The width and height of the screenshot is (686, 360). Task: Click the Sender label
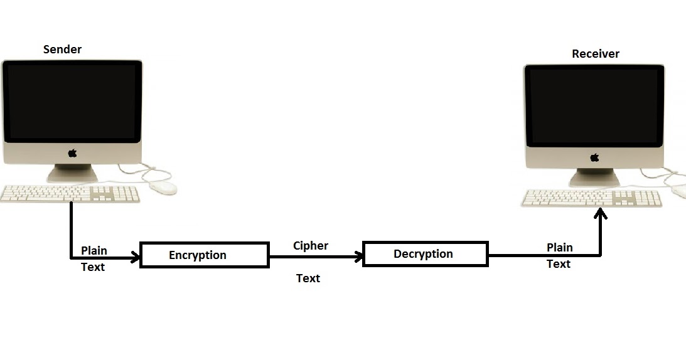point(62,49)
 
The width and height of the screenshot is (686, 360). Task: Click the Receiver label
point(595,54)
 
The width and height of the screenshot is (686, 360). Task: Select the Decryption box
point(425,254)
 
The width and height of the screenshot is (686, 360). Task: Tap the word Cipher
point(311,245)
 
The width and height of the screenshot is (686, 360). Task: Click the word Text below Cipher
point(308,278)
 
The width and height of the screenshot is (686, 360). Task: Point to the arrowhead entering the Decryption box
point(359,256)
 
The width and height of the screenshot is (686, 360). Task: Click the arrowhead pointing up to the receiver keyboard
point(601,215)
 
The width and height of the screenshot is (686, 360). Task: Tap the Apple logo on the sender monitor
point(72,152)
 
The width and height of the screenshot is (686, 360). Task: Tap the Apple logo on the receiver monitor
point(594,157)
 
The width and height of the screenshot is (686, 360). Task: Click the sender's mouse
point(161,187)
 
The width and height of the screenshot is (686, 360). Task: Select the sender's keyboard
point(70,194)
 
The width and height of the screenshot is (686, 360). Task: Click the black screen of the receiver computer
point(594,105)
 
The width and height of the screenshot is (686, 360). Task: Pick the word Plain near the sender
point(94,250)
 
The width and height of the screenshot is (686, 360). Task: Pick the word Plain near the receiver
point(560,247)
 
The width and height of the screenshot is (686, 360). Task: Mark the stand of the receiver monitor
point(594,177)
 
